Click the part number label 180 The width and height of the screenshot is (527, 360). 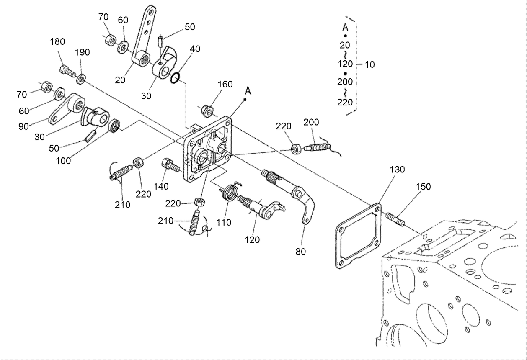click(x=57, y=42)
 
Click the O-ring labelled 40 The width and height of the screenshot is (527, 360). click(x=176, y=77)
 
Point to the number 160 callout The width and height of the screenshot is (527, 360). click(x=225, y=85)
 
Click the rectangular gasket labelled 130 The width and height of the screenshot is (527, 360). click(x=358, y=236)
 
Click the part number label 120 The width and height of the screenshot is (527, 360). click(x=253, y=240)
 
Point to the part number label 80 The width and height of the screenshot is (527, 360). click(x=300, y=252)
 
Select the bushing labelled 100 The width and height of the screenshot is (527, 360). click(x=114, y=125)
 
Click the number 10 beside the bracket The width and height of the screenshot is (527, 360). click(x=370, y=65)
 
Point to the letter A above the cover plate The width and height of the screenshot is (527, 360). click(x=248, y=90)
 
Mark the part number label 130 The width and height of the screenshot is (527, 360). click(x=398, y=170)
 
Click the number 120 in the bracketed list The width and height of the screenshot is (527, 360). click(x=345, y=64)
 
